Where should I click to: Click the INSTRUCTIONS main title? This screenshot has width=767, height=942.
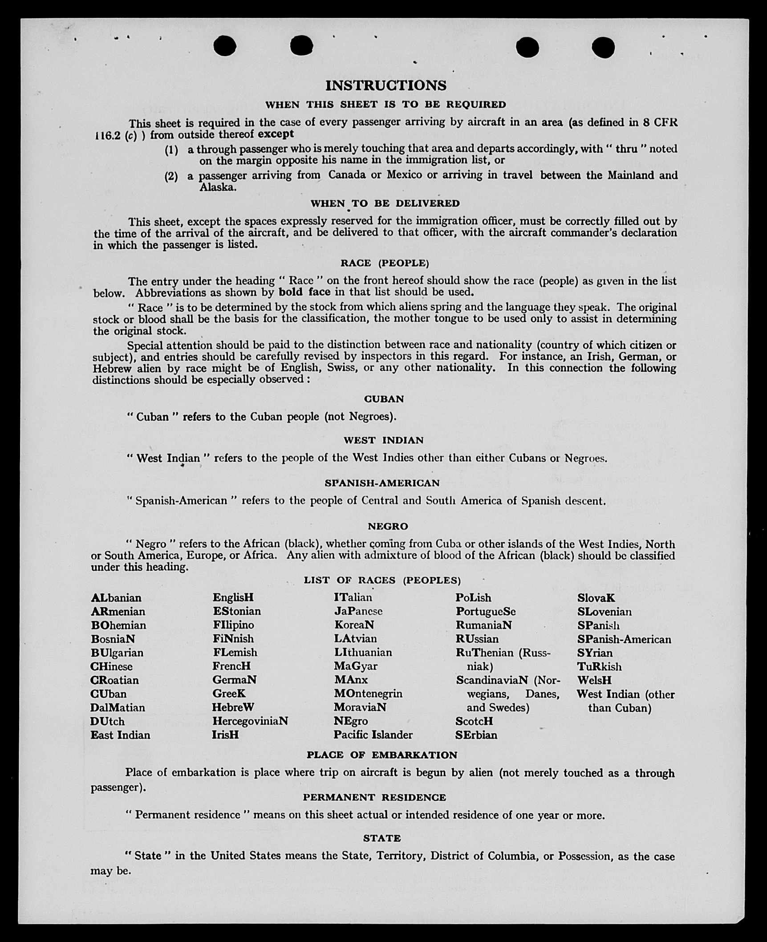point(386,85)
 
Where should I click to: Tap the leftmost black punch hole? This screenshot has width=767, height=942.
point(225,46)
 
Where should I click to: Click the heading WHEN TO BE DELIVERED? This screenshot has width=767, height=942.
point(385,203)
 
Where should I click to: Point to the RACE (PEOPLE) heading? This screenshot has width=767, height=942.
point(385,263)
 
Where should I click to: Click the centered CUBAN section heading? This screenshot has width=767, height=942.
point(384,399)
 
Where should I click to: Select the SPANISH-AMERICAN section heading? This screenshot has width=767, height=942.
point(382,483)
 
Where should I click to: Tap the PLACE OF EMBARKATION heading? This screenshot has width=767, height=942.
point(381,755)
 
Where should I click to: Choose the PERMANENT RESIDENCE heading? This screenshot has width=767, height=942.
point(374,797)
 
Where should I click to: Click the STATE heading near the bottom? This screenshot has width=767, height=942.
point(382,838)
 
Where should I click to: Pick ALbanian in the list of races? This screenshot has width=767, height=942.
point(116,598)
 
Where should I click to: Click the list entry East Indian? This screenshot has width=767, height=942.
point(120,735)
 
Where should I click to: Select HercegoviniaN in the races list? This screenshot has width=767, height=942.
point(250,721)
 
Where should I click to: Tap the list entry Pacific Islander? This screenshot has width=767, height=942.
point(373,735)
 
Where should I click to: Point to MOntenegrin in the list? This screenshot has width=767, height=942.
point(368,694)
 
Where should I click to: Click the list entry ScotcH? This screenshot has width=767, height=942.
point(474,721)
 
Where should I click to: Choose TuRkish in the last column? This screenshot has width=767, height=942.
point(599,666)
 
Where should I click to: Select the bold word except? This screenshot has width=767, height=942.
point(276,134)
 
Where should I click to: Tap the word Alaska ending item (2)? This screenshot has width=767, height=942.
point(218,187)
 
